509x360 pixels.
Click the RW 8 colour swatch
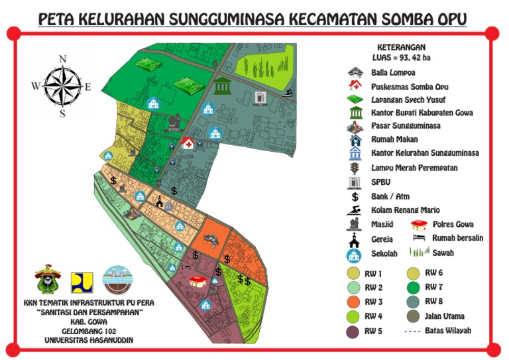coord(411,302)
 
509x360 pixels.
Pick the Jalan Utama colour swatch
coord(411,316)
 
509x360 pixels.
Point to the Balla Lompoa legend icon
coord(355,72)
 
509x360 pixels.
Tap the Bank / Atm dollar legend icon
coord(355,196)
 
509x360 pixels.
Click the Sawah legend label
coord(443,253)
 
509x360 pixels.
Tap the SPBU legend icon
coord(355,182)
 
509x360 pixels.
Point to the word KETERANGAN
coord(401,47)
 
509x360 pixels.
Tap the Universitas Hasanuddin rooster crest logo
coord(48,279)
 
